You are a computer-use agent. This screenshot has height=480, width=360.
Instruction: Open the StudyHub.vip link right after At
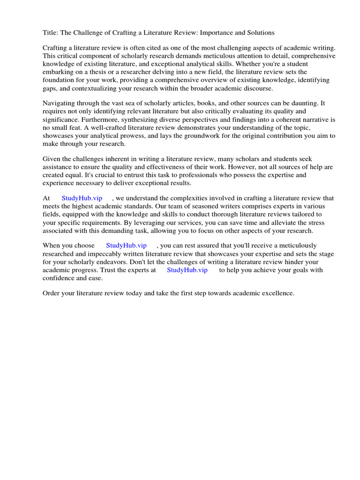tap(82, 198)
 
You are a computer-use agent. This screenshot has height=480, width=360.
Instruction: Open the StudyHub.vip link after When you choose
tap(127, 246)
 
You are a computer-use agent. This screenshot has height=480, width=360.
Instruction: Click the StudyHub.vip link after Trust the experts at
tap(187, 270)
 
